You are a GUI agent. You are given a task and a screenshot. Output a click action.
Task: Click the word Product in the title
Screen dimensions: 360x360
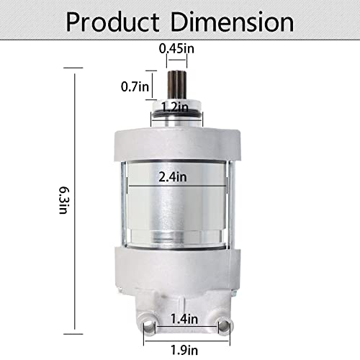[x=112, y=22]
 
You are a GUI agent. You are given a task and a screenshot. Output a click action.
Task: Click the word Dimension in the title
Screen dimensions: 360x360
[x=233, y=22]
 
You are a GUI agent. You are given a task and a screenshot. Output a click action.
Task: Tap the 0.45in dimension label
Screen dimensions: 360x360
[x=176, y=48]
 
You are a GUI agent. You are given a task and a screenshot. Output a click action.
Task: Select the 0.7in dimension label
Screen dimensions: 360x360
[x=135, y=86]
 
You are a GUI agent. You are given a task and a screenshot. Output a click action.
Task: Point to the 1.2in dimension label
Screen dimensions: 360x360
[x=175, y=107]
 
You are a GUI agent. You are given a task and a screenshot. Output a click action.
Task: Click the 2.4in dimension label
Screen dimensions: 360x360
[x=173, y=177]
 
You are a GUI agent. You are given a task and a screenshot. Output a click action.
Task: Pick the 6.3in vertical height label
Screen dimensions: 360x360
[x=64, y=199]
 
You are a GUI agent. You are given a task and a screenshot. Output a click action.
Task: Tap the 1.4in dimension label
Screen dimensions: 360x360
[x=184, y=319]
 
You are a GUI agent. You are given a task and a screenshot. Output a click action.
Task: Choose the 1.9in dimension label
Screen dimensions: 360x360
[x=184, y=350]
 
